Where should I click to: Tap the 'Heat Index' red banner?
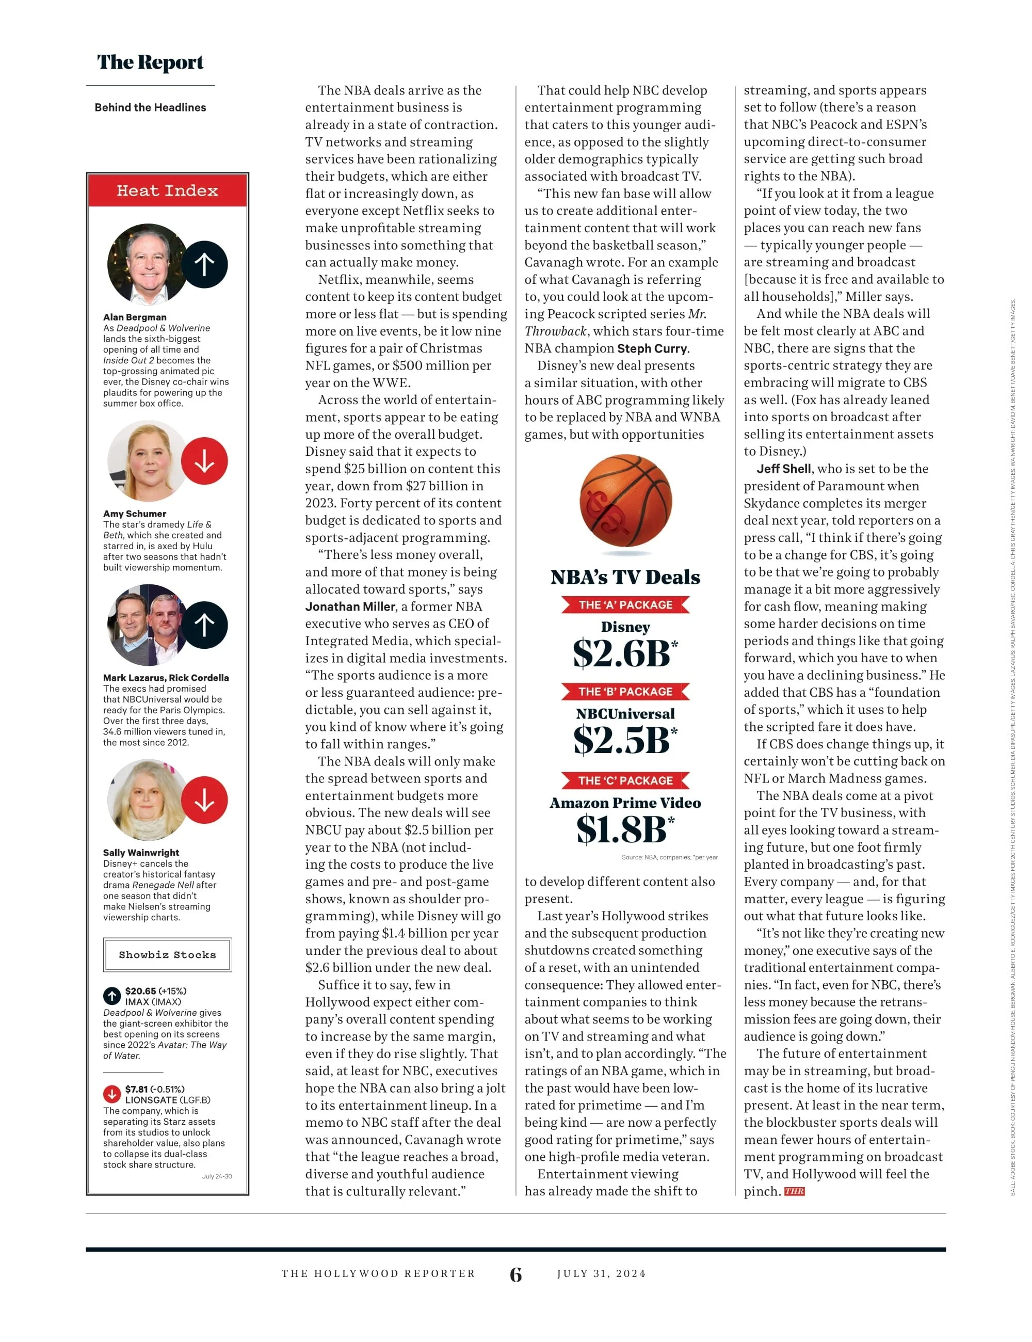pyautogui.click(x=167, y=190)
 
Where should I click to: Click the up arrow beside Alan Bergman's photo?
pyautogui.click(x=204, y=264)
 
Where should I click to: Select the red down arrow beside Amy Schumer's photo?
pyautogui.click(x=204, y=461)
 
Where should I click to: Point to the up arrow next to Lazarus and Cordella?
pyautogui.click(x=204, y=625)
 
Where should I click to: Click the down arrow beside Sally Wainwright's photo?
pyautogui.click(x=204, y=800)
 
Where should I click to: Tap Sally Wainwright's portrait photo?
pyautogui.click(x=146, y=800)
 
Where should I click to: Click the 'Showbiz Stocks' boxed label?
pyautogui.click(x=167, y=954)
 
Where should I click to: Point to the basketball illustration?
pyautogui.click(x=625, y=500)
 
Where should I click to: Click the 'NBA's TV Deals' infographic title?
pyautogui.click(x=625, y=577)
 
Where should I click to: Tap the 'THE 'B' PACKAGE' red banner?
pyautogui.click(x=625, y=691)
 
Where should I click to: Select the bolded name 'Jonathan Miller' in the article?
pyautogui.click(x=350, y=606)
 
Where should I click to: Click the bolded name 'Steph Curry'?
pyautogui.click(x=652, y=348)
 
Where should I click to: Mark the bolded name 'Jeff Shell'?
pyautogui.click(x=783, y=469)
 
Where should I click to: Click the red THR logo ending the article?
pyautogui.click(x=794, y=1191)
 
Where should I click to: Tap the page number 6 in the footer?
pyautogui.click(x=516, y=1274)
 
